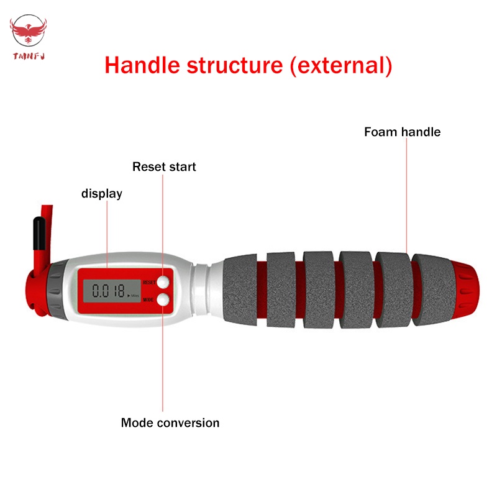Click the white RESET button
click(x=163, y=281)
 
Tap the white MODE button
click(x=163, y=299)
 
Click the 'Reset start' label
click(x=164, y=166)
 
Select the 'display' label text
click(x=102, y=194)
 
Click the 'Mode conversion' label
click(x=170, y=423)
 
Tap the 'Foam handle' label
click(x=402, y=132)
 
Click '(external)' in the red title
click(x=341, y=65)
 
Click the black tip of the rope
click(x=37, y=230)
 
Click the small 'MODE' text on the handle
click(x=148, y=299)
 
